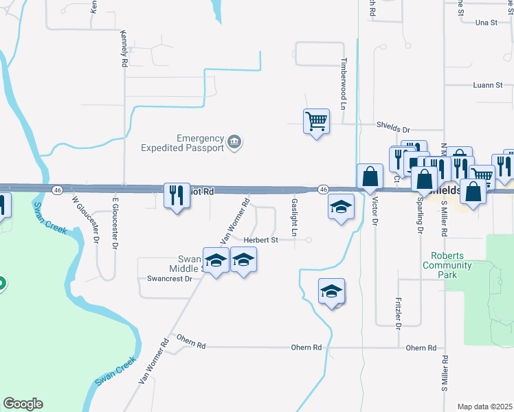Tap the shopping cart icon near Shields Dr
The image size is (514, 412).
[x=316, y=122]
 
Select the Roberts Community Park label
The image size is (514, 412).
[x=447, y=260]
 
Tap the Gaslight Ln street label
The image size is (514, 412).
[x=294, y=217]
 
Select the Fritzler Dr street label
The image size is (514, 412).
[x=399, y=312]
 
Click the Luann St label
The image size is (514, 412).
[x=488, y=85]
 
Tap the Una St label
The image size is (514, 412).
[x=485, y=23]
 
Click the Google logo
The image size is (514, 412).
[x=23, y=404]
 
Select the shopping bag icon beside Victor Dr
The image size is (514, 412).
[x=370, y=176]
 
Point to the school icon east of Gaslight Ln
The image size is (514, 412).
[x=340, y=207]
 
